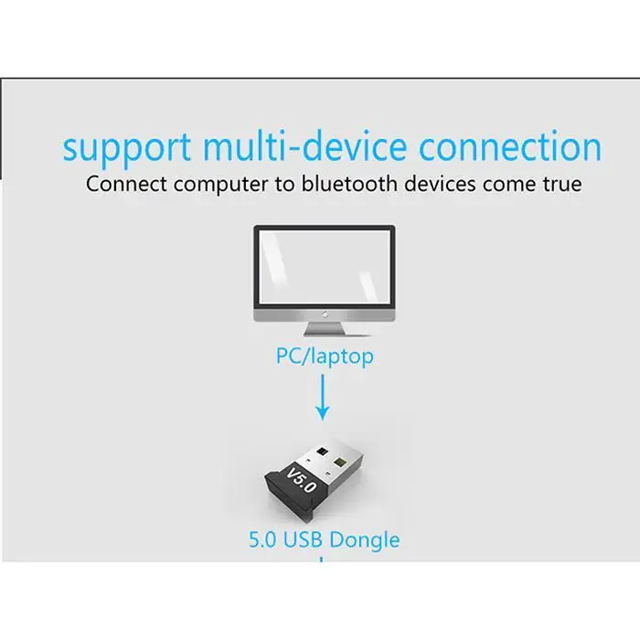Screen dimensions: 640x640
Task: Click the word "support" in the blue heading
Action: pyautogui.click(x=128, y=147)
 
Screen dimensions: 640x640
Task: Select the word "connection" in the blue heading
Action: pyautogui.click(x=510, y=147)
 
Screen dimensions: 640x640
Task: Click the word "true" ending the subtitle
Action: pyautogui.click(x=560, y=184)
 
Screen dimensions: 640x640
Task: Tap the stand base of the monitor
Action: pyautogui.click(x=325, y=330)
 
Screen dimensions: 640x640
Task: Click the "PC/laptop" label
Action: pyautogui.click(x=325, y=356)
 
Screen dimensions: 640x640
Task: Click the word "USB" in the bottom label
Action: pyautogui.click(x=303, y=539)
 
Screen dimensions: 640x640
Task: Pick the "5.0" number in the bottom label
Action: pyautogui.click(x=262, y=539)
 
